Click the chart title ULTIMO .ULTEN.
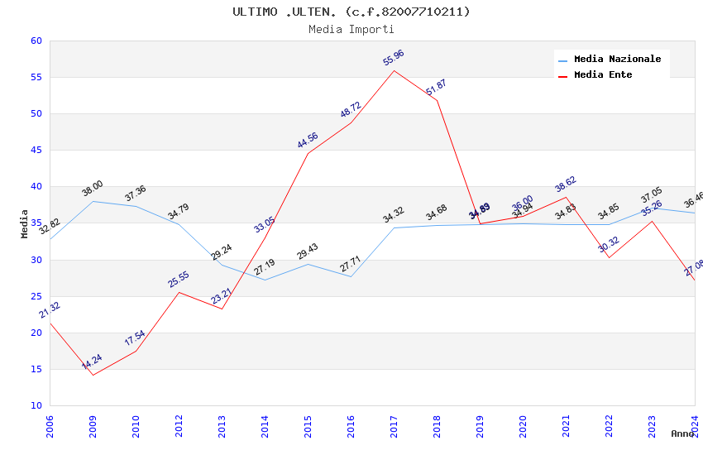351,12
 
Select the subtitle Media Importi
351,29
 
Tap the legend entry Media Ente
603,74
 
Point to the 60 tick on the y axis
36,41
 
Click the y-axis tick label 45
36,151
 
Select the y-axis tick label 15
36,369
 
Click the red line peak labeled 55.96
394,70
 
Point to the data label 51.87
436,87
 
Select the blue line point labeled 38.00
93,201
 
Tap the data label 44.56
308,141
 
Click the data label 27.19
265,267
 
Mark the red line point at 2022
609,257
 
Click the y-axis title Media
25,223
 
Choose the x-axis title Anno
682,433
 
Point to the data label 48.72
351,110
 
